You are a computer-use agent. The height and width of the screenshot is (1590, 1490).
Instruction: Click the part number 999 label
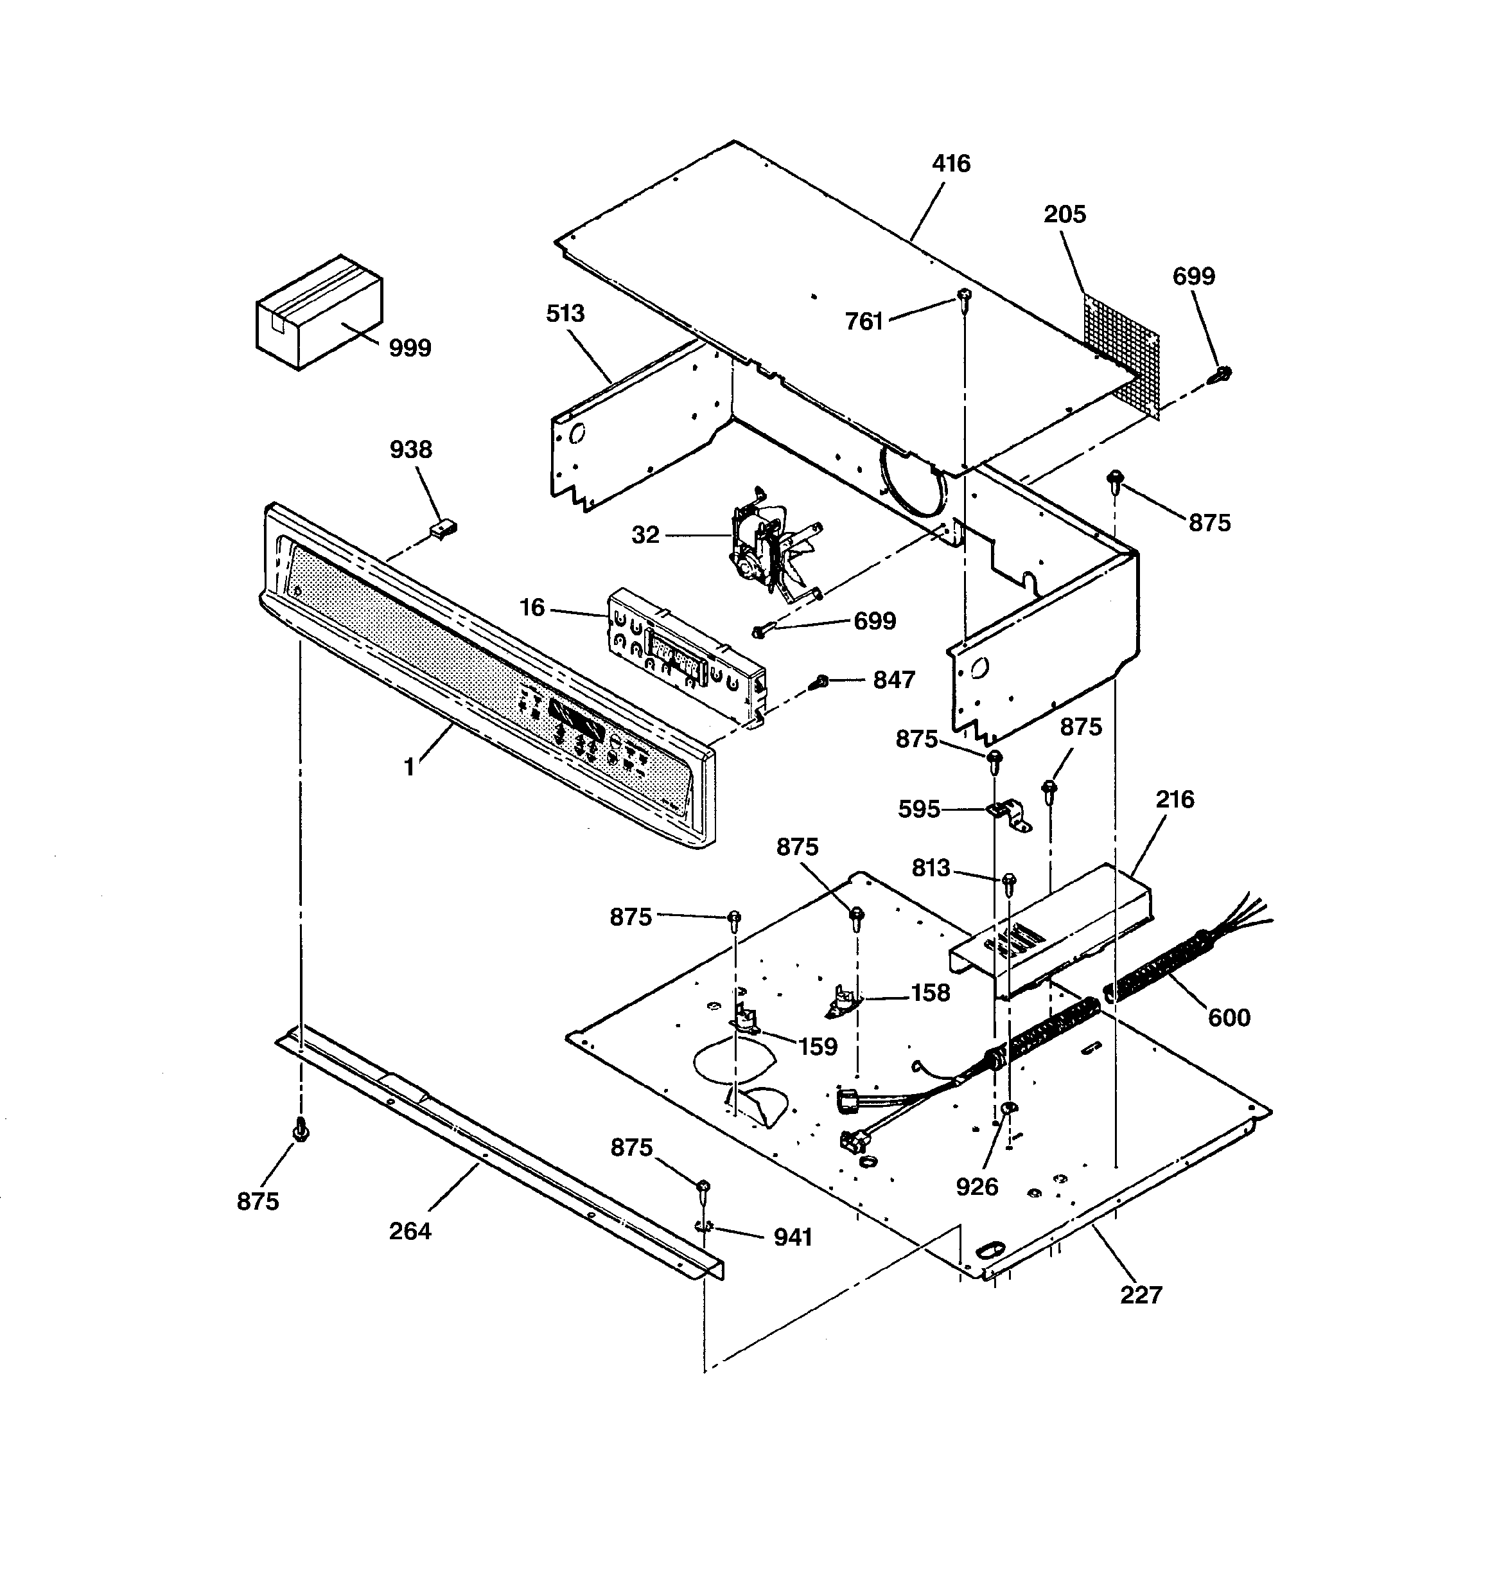tap(410, 348)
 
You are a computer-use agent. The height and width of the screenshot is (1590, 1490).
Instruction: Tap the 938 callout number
tap(411, 450)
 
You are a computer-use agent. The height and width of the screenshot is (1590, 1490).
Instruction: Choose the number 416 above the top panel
tap(951, 164)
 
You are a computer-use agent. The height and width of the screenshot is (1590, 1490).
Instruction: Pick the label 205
tap(1064, 215)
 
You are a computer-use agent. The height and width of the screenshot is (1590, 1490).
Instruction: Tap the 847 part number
tap(893, 680)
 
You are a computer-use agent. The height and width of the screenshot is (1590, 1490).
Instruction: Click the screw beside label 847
tap(819, 682)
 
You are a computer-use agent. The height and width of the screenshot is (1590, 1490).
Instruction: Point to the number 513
tap(565, 314)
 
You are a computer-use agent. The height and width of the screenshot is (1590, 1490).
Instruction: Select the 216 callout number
tap(1174, 799)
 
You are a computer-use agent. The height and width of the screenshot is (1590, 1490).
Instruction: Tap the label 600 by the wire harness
tap(1229, 1018)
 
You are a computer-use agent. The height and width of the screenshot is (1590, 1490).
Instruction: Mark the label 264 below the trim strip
tap(410, 1231)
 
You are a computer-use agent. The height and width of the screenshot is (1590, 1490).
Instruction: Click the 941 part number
tap(793, 1237)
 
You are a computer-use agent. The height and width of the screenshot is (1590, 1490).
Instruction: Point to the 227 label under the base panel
tap(1141, 1295)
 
